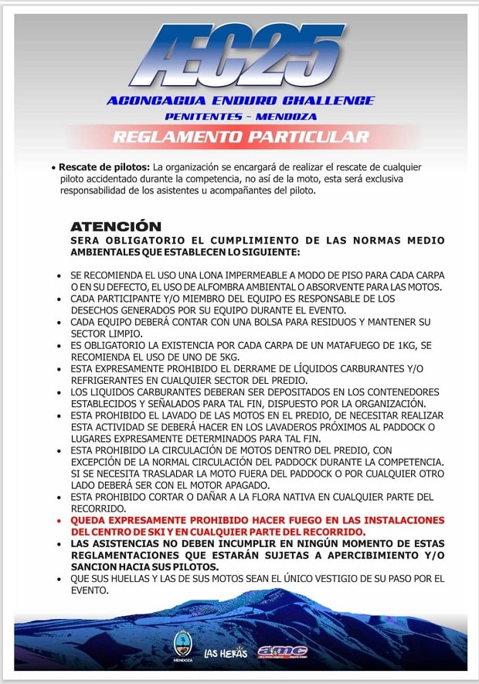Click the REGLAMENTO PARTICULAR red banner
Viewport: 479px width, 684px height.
click(241, 138)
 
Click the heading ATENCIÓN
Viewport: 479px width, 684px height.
click(116, 227)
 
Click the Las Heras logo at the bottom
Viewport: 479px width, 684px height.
click(226, 652)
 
